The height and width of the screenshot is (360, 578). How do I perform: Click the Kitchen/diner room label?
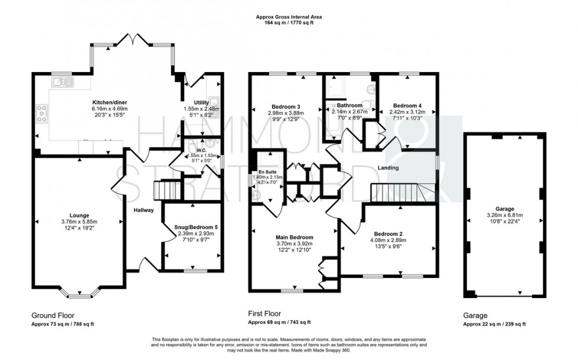coord(109,102)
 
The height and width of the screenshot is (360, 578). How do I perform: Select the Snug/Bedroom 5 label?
coord(192,227)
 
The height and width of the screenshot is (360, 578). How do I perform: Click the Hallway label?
coord(143,210)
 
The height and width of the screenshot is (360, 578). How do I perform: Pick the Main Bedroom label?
coord(293,237)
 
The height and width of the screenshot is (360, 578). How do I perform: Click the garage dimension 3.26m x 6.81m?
coord(504,215)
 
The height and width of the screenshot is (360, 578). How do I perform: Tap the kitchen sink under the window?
coord(61,82)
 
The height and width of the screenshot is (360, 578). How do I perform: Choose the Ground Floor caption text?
coord(53,315)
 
